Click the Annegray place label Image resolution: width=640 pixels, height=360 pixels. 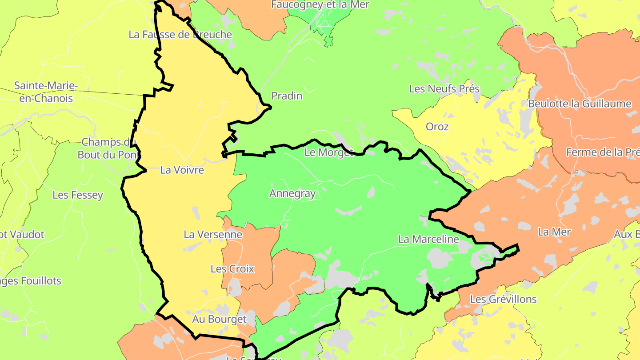point(292,193)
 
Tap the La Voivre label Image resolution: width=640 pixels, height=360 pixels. point(182,170)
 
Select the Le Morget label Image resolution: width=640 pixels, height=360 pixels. point(329,152)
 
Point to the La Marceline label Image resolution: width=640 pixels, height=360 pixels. point(428,239)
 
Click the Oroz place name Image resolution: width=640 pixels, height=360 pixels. point(437,127)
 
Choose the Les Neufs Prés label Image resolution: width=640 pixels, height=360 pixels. point(444,88)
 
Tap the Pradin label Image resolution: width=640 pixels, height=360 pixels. point(287,96)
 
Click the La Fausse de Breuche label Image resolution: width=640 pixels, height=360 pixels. point(180,34)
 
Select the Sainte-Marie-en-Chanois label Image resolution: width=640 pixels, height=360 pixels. point(46,92)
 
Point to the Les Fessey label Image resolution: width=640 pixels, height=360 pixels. point(78,195)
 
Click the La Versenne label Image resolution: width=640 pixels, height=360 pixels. point(213,234)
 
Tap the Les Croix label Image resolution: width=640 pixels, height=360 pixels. point(232,268)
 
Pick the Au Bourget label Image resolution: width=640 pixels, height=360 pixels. point(219,319)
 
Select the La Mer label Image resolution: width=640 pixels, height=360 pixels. point(554,232)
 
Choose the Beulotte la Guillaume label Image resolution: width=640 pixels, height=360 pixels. point(580,104)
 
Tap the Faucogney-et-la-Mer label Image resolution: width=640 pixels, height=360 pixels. point(320,4)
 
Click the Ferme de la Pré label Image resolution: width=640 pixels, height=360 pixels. point(603,152)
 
